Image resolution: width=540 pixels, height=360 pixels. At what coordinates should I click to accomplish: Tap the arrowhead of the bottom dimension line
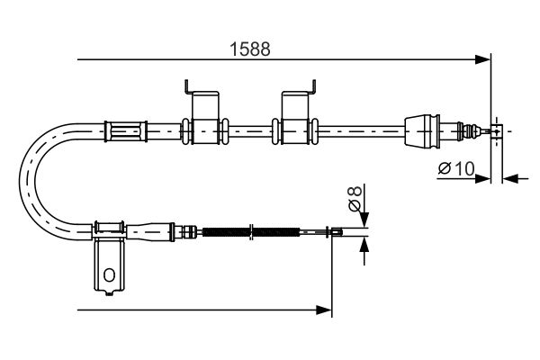pyautogui.click(x=327, y=310)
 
